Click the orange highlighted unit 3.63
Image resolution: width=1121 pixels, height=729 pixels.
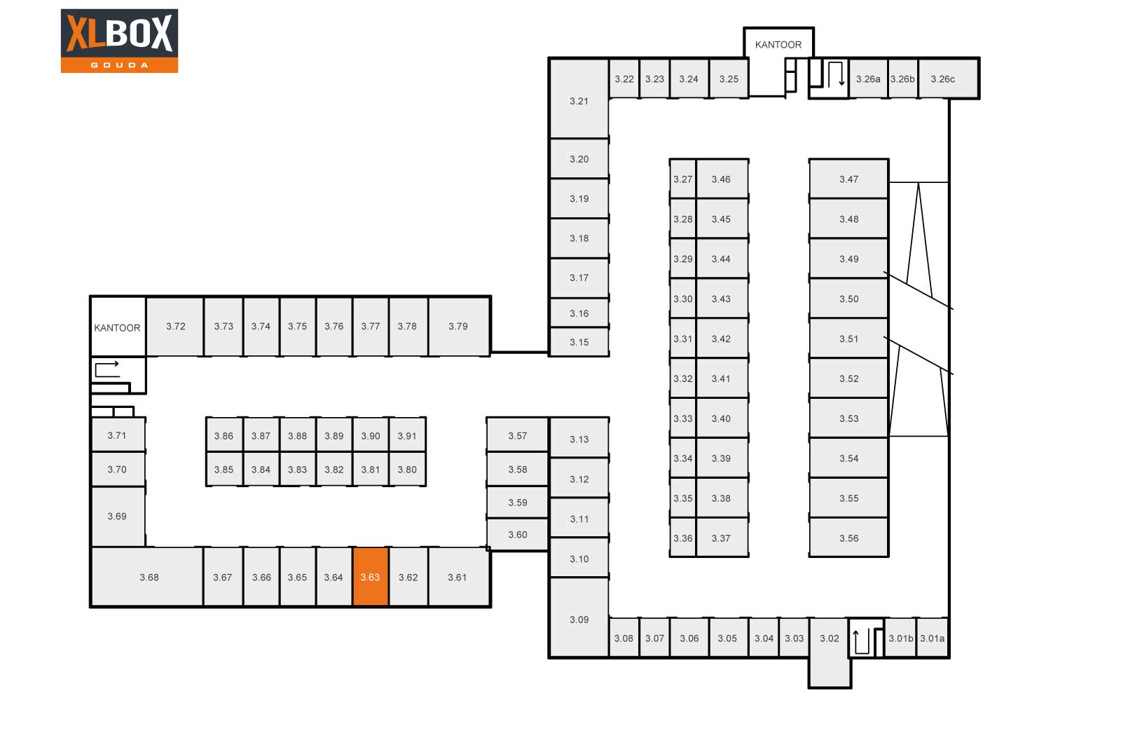[371, 577]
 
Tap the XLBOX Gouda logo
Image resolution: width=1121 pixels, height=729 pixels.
[119, 41]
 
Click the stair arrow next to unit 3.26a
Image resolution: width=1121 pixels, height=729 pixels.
[836, 74]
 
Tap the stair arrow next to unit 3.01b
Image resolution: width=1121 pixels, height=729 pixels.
[861, 641]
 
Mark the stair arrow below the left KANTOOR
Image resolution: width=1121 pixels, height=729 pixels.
[107, 369]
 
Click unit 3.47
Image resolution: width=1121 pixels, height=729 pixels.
[848, 179]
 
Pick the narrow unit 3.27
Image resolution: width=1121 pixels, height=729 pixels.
[682, 179]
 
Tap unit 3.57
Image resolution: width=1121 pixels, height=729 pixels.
[518, 435]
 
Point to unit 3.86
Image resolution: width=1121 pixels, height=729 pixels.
[224, 435]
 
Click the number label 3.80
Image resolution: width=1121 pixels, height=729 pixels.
[407, 470]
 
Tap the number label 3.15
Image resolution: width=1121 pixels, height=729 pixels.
[579, 343]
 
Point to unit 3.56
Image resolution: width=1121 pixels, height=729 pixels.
[848, 538]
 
